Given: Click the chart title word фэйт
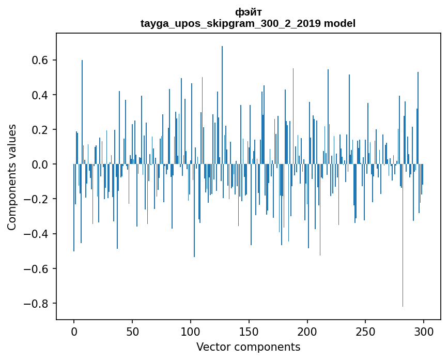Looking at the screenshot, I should (x=248, y=12).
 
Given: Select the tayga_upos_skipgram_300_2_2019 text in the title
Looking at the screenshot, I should (x=230, y=23).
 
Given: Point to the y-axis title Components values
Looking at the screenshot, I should (x=12, y=177).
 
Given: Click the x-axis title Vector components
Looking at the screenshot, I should (x=248, y=347).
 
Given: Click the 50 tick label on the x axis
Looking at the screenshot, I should (x=132, y=331).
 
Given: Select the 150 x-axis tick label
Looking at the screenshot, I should (x=249, y=331).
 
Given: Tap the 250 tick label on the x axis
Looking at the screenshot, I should (x=366, y=331).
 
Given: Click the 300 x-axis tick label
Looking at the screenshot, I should (x=424, y=331).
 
